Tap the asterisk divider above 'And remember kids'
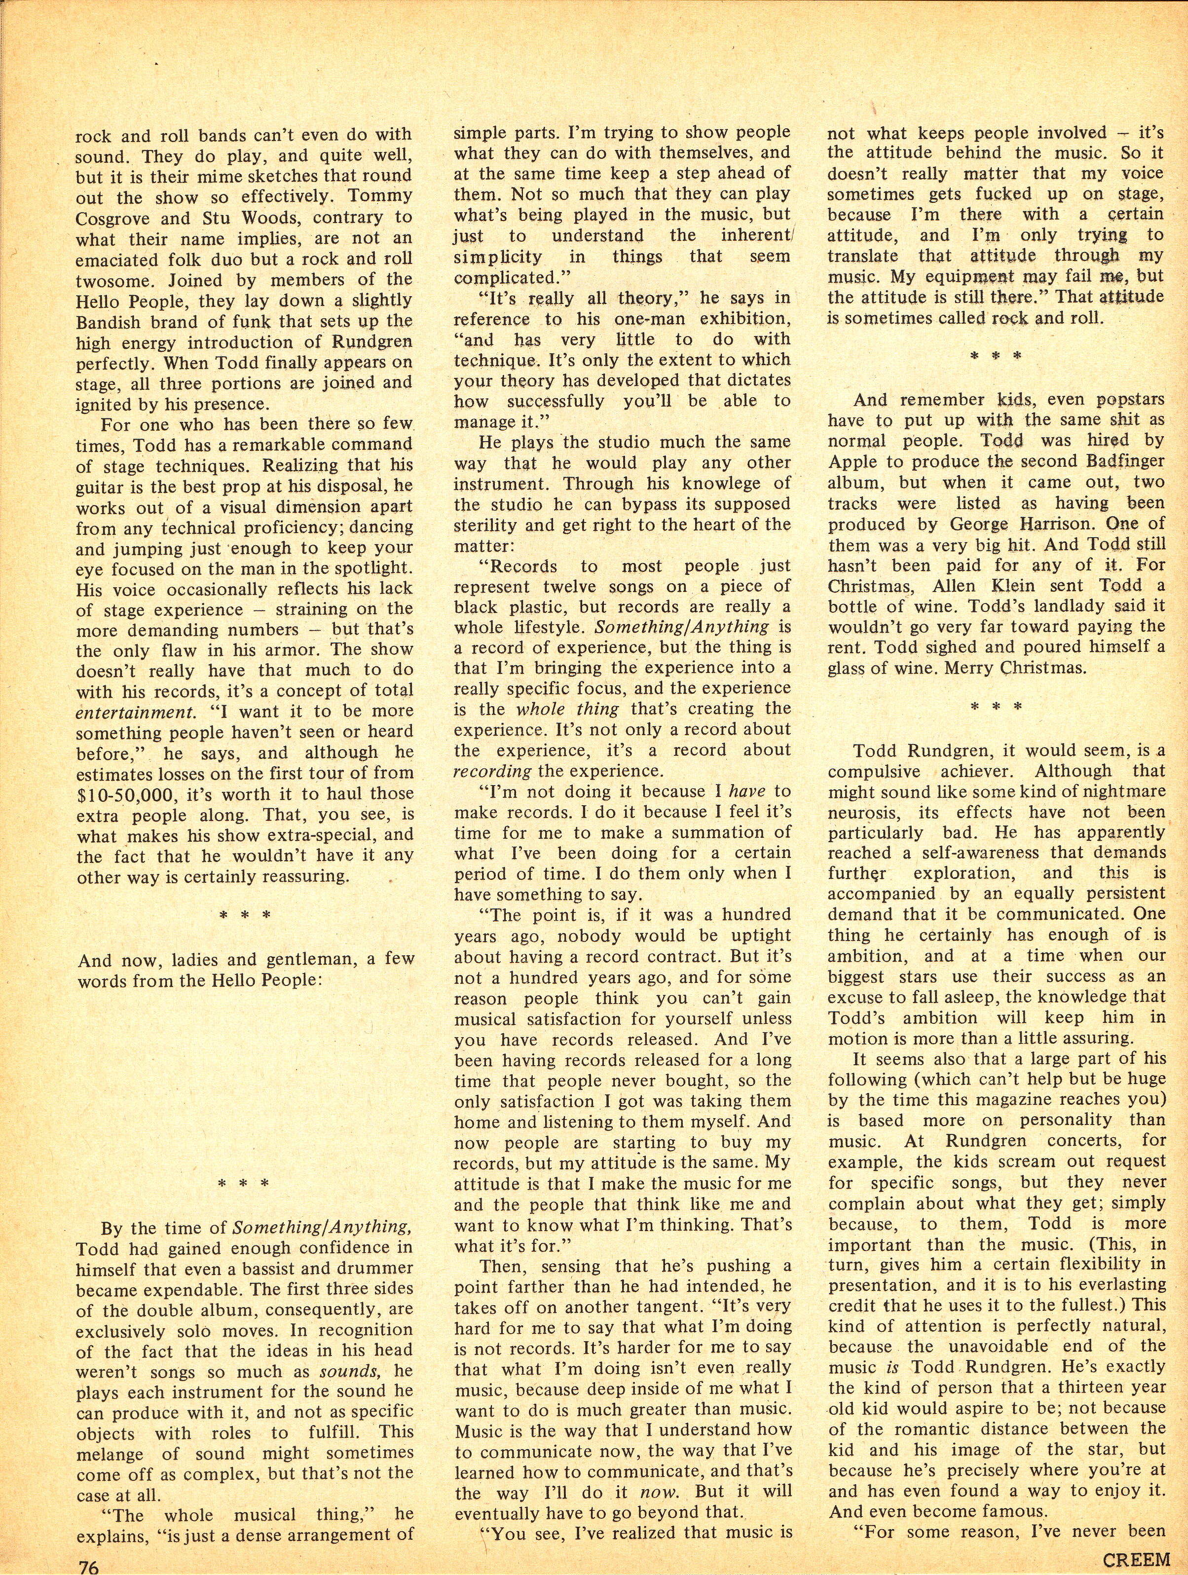(x=997, y=355)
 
